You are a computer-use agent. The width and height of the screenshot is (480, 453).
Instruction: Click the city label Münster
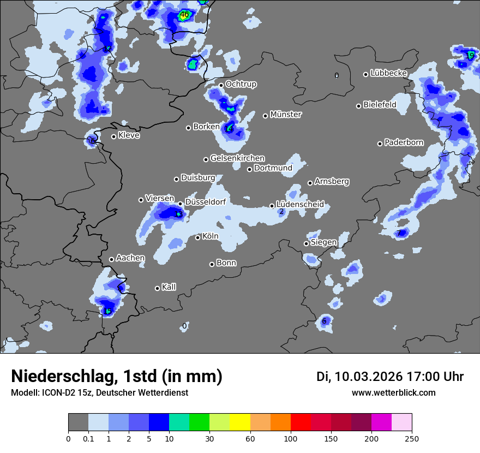pos(285,115)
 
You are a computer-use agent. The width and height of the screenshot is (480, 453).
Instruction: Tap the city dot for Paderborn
pos(380,144)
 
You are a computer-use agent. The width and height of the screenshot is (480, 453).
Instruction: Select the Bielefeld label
pos(380,104)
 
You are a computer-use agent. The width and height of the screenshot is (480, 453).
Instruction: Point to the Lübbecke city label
pos(388,73)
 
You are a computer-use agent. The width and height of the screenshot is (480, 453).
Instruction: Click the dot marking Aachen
pos(111,259)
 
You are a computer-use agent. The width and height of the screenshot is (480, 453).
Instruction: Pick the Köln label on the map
pos(210,237)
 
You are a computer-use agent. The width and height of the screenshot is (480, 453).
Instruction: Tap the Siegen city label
pos(323,242)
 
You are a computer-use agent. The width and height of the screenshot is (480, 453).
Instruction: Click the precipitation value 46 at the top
pos(184,15)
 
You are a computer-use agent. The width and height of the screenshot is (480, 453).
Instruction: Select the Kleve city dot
pos(113,136)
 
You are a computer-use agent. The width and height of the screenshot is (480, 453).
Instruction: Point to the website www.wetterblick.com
pos(393,392)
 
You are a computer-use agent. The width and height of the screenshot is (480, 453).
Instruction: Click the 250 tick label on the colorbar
pos(412,438)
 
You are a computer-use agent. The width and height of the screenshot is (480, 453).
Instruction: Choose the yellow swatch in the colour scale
pos(240,422)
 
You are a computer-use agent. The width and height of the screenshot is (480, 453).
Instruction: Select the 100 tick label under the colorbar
pos(290,438)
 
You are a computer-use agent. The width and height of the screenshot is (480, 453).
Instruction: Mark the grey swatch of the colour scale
pos(78,422)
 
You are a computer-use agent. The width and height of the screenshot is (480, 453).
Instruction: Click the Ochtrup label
pos(241,84)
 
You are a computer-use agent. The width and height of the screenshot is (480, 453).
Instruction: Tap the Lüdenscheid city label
pos(300,204)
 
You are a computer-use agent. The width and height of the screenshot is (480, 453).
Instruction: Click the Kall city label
pos(169,287)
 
